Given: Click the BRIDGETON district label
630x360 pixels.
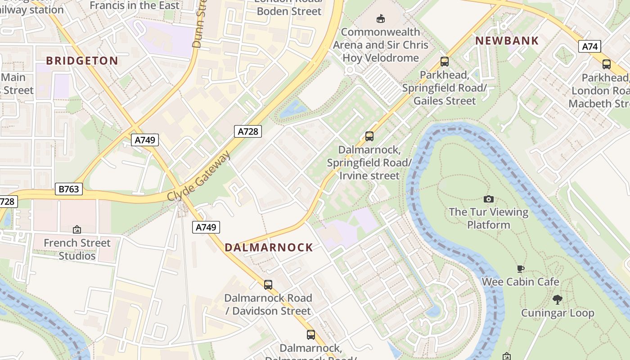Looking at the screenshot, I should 82,61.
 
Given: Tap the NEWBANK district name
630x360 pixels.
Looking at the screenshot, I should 507,40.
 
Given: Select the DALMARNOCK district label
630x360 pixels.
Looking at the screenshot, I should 269,247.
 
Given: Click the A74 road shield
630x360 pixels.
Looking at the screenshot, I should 589,46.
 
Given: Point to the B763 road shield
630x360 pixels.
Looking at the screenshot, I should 69,189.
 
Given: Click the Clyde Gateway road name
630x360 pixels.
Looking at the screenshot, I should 198,176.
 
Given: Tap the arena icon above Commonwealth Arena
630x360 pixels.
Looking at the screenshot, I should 381,18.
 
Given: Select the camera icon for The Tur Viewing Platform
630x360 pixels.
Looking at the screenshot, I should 488,199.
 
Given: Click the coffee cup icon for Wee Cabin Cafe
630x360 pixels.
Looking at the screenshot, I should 520,269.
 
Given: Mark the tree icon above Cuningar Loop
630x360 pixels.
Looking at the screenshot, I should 558,300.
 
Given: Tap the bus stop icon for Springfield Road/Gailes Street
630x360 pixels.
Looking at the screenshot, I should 445,62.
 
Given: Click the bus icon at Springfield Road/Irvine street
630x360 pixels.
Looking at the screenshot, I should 369,136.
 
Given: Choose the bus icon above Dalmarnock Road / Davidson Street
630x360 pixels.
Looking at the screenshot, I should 268,284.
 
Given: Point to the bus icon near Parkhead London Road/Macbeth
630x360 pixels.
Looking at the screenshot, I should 607,64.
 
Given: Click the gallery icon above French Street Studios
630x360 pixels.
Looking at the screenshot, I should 77,229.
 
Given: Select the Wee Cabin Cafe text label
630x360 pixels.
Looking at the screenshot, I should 520,282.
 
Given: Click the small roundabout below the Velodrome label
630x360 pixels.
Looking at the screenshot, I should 350,71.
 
